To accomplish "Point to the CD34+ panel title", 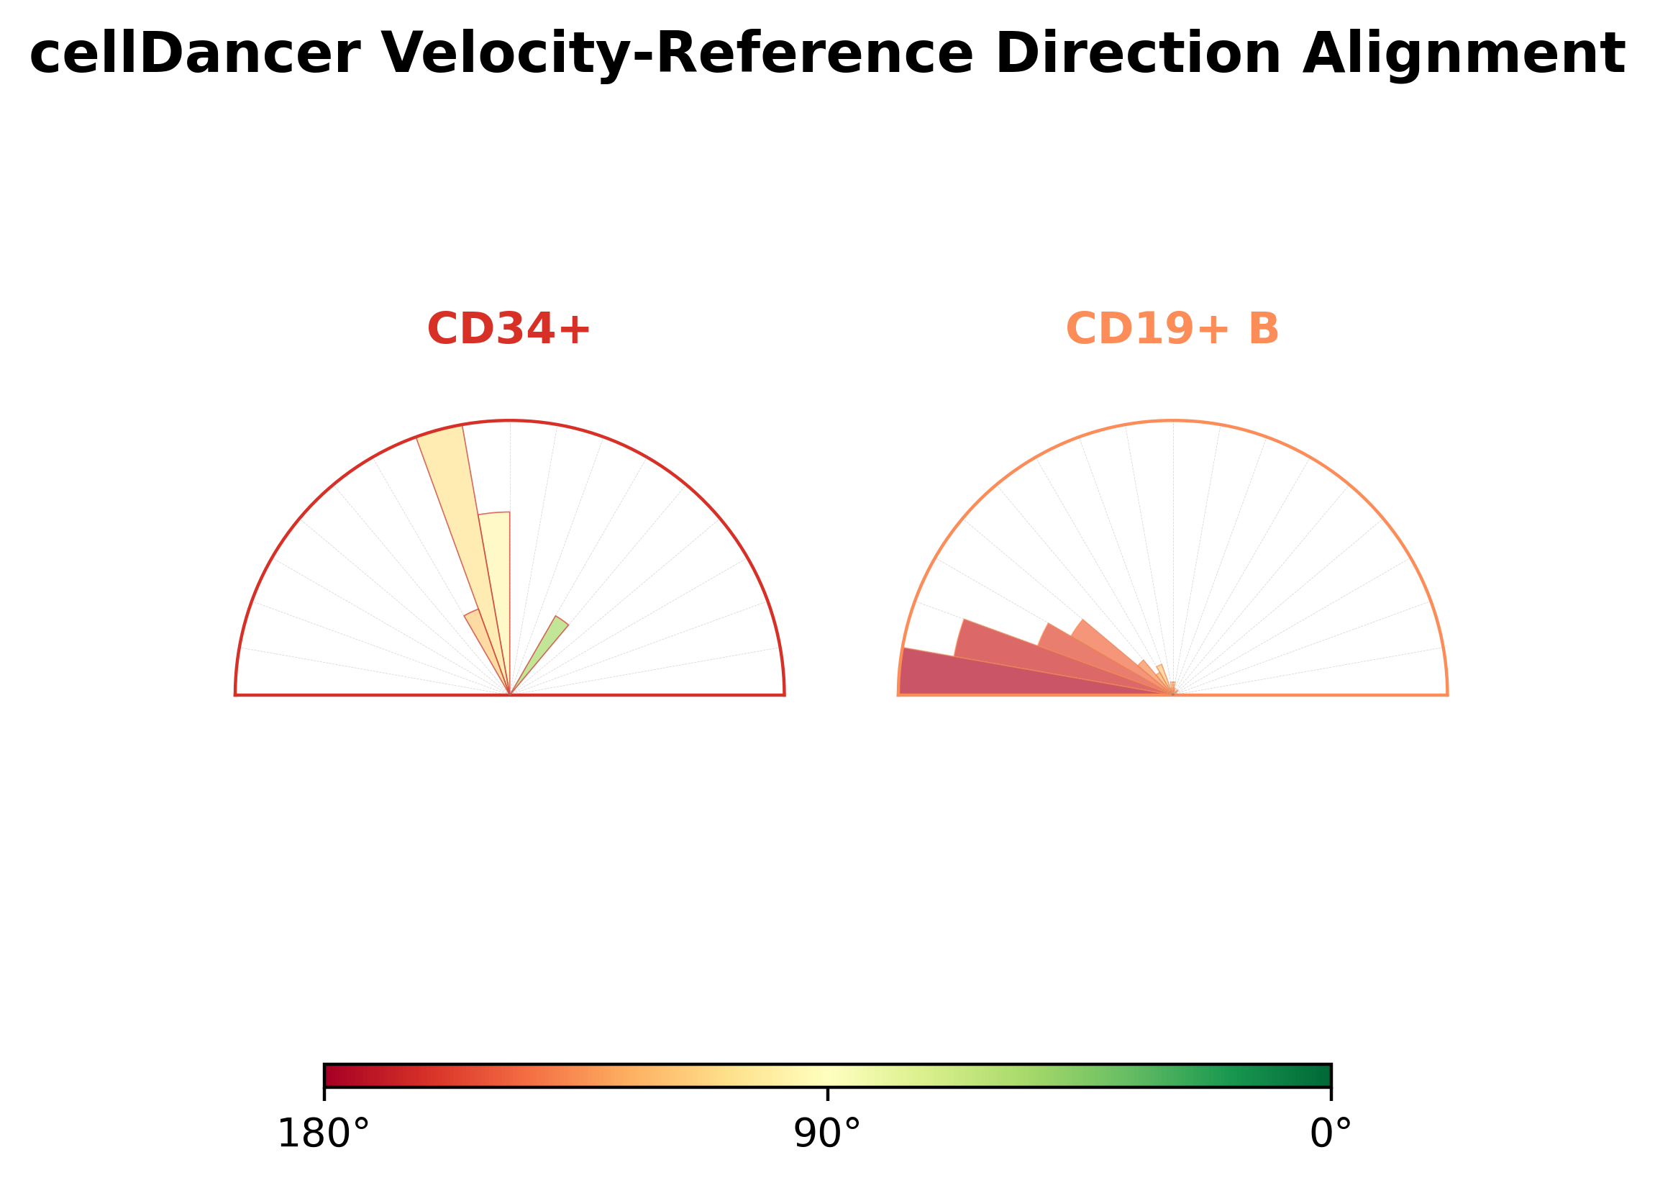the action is coord(509,329).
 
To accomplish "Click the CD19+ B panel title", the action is coord(1172,329).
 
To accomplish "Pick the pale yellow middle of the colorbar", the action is coord(827,1075).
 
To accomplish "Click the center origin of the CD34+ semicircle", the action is coord(510,695).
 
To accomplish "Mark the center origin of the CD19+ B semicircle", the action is coord(1173,695).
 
